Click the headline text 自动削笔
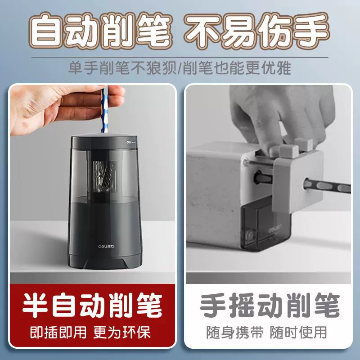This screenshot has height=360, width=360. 100,31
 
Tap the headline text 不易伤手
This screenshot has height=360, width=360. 256,31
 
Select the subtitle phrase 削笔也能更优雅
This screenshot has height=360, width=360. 237,68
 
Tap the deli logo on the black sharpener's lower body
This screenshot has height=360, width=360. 106,246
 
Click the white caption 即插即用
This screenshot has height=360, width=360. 58,332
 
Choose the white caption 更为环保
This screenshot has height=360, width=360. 122,332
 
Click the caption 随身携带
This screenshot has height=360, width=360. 235,332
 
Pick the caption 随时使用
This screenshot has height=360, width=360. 298,332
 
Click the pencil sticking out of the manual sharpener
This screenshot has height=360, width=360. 327,186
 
